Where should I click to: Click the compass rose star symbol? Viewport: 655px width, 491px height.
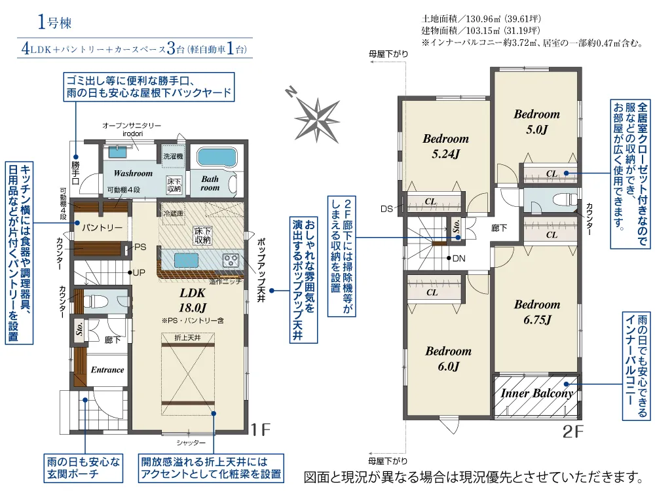pos(317,118)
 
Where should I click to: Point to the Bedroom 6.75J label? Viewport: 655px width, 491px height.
pos(536,312)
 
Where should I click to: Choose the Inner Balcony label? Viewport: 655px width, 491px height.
pos(537,393)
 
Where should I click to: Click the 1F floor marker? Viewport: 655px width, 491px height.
pos(261,430)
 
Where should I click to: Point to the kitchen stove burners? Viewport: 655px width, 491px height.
pos(231,260)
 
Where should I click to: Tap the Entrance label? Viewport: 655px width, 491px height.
pos(107,370)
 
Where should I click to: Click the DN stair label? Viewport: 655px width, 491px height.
pos(459,259)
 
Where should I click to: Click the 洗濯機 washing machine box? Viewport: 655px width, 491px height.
pos(174,156)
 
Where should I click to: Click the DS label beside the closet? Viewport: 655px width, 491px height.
pos(386,209)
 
